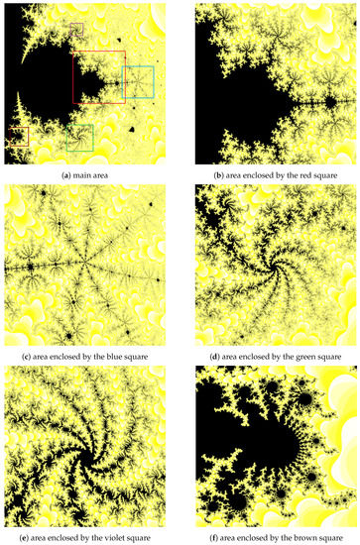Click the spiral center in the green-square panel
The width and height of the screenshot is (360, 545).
tap(268, 270)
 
